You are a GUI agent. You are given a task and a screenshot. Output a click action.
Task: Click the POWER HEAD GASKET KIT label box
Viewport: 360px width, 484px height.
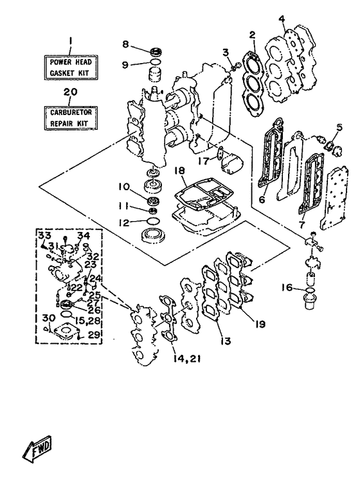[x=71, y=67]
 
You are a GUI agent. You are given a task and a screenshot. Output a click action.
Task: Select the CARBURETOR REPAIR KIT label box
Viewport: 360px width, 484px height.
[x=71, y=118]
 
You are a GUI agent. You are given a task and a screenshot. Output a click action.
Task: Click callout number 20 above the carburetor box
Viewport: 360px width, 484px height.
[x=71, y=92]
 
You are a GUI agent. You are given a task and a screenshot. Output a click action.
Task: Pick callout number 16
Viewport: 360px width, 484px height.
[x=287, y=288]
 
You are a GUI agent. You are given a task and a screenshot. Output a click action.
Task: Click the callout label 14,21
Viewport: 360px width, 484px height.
[x=184, y=359]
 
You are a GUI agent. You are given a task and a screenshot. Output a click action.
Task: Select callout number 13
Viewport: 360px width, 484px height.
[x=226, y=341]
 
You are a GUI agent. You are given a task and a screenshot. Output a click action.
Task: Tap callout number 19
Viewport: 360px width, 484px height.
[x=260, y=324]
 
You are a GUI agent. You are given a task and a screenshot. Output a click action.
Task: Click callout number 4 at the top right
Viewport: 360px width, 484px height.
[x=282, y=19]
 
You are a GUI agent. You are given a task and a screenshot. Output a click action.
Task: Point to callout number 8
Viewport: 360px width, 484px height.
[x=125, y=44]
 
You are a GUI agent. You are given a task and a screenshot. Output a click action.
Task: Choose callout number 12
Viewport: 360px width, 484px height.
[x=124, y=222]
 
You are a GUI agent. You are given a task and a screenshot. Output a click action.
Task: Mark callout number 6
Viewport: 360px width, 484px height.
[x=262, y=199]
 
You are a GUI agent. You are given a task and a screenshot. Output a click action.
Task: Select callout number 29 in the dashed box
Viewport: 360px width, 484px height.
[x=94, y=335]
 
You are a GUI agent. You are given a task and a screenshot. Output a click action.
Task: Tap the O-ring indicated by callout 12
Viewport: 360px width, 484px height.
[x=154, y=221]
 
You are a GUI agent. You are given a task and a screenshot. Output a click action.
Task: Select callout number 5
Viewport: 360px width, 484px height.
[x=339, y=127]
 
